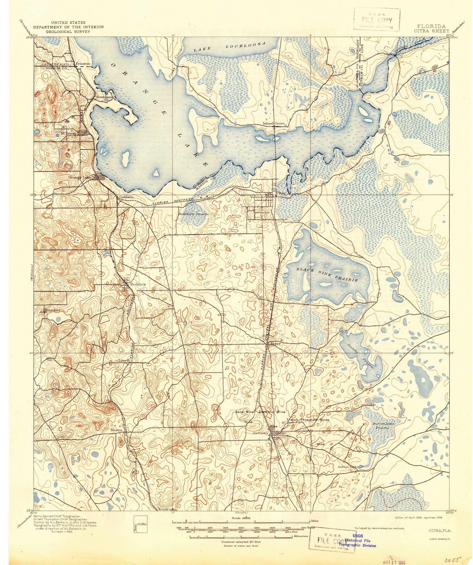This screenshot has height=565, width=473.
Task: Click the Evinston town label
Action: coord(83,63)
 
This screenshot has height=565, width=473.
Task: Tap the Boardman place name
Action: coord(104,97)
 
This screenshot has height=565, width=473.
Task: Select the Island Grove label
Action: coord(273,124)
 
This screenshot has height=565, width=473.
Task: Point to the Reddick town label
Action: coord(138,284)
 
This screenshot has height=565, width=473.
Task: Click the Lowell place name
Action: coord(124,360)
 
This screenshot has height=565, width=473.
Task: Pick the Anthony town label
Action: coord(261,433)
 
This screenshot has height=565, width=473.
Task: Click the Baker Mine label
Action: coord(244,412)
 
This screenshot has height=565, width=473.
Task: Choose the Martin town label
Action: coord(116,430)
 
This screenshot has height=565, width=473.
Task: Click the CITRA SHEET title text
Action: coord(431,31)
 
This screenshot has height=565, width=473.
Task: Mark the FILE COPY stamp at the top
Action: coord(377,20)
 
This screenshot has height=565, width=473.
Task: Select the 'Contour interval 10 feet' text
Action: coord(241,542)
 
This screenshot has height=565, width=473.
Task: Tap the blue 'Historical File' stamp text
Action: coord(357,541)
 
